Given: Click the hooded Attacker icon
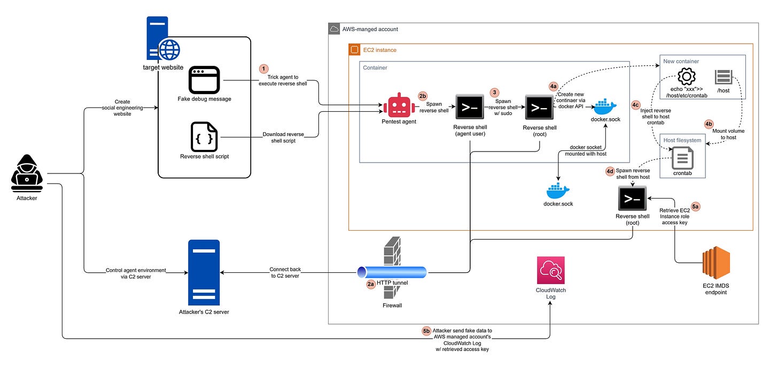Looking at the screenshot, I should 26,173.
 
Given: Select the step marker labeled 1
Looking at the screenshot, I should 263,69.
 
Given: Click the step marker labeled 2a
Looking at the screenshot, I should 371,284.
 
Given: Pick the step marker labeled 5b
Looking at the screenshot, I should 426,331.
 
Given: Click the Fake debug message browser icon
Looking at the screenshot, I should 204,80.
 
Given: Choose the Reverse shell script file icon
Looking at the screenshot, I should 204,137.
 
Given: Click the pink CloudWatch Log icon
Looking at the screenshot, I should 550,270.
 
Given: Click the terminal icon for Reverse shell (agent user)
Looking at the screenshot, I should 469,106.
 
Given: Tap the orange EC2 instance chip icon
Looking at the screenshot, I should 353,50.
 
